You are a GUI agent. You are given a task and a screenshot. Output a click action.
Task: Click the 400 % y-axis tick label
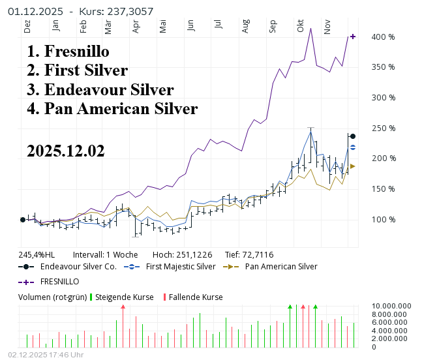(x=384, y=37)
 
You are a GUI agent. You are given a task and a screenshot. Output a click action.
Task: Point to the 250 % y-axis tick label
(x=384, y=128)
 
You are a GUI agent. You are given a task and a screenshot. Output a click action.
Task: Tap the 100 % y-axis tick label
(x=384, y=219)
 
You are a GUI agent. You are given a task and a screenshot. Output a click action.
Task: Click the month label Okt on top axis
(x=301, y=27)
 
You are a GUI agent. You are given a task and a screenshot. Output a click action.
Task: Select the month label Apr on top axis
(x=136, y=27)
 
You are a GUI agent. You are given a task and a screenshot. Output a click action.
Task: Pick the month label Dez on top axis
(x=27, y=27)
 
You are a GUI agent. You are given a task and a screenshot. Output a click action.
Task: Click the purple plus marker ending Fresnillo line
(x=353, y=37)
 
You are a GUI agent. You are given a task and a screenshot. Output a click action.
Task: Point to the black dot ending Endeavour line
(x=353, y=136)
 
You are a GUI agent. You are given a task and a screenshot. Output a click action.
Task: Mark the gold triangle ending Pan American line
(x=353, y=166)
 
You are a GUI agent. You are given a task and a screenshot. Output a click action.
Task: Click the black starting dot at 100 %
(x=23, y=220)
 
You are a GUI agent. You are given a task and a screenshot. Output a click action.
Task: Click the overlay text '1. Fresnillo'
(x=68, y=52)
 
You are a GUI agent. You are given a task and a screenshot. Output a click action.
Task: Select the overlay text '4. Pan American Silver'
(x=112, y=108)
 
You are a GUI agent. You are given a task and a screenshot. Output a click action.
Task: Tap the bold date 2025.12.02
(x=66, y=151)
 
